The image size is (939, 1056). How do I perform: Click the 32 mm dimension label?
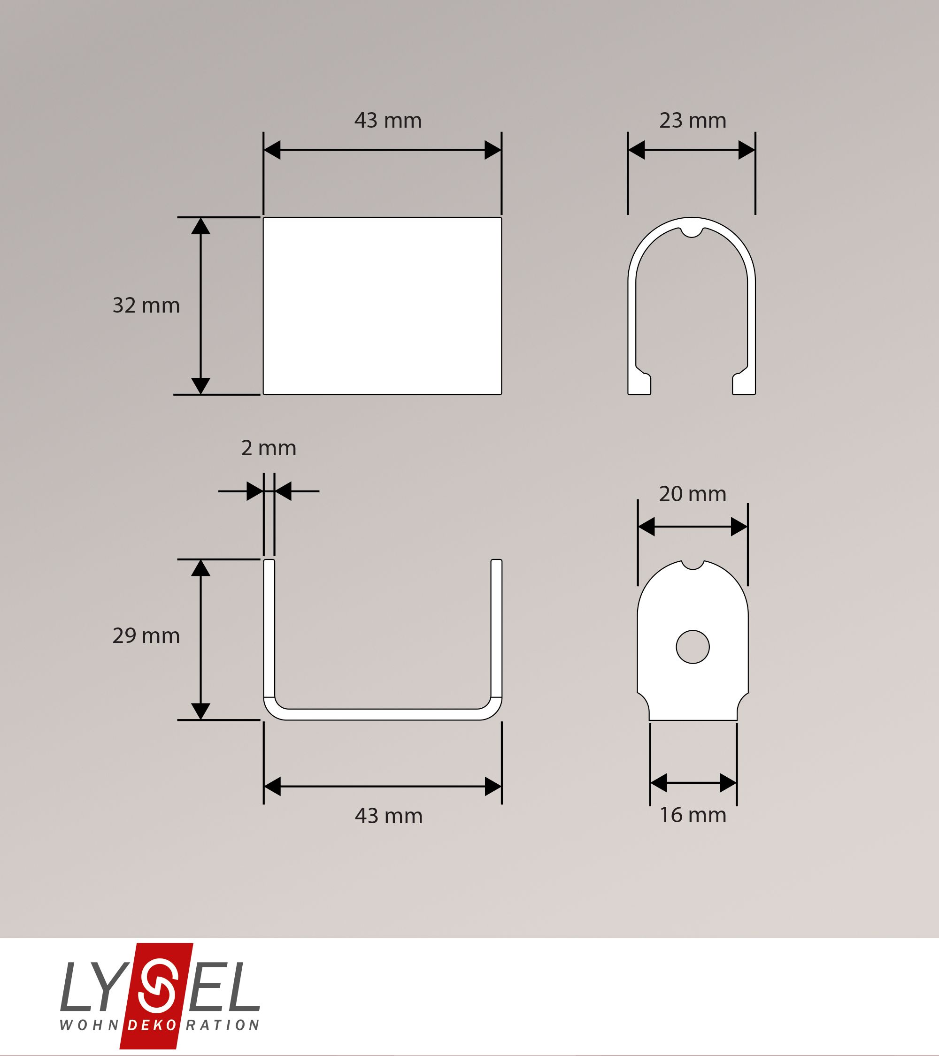(x=146, y=306)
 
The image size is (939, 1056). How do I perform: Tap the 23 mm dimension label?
(x=693, y=120)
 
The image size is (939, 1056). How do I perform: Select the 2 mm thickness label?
(x=269, y=448)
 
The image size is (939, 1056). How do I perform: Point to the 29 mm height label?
(x=146, y=635)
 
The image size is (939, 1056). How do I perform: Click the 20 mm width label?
(x=693, y=494)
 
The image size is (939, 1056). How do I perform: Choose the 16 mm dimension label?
(x=693, y=815)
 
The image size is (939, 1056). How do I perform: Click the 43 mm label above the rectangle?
(x=388, y=120)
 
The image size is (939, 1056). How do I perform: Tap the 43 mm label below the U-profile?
(x=389, y=816)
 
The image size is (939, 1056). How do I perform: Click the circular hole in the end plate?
(x=693, y=647)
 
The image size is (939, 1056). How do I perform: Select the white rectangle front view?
(x=383, y=306)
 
